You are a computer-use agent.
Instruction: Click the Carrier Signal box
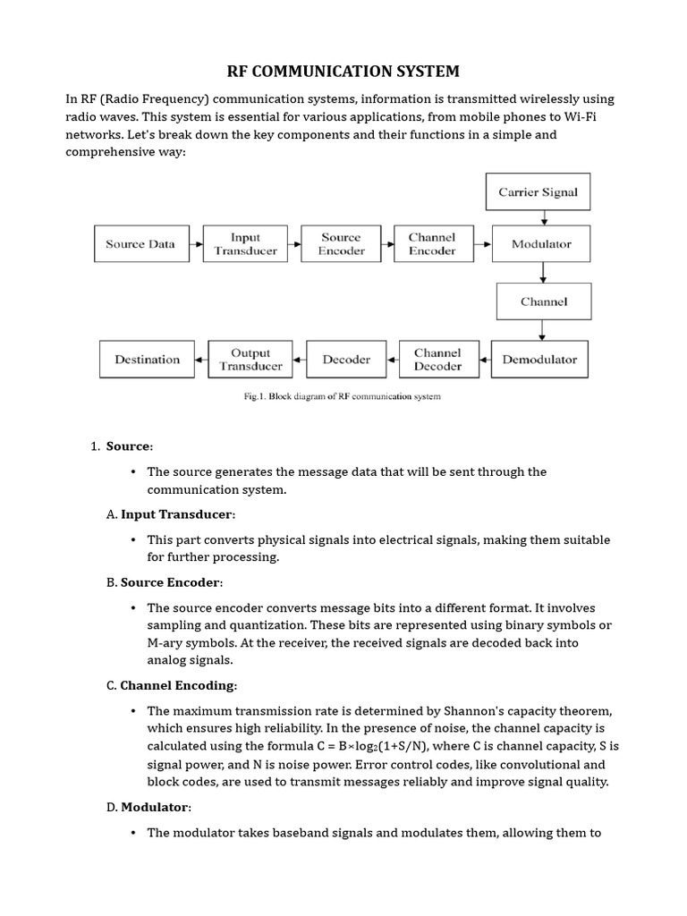pyautogui.click(x=538, y=192)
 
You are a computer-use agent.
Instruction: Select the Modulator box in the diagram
pyautogui.click(x=541, y=244)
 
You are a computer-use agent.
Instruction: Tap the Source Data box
pyautogui.click(x=140, y=244)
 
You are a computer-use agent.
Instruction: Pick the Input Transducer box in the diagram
pyautogui.click(x=245, y=244)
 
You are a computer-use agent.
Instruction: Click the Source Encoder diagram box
pyautogui.click(x=341, y=244)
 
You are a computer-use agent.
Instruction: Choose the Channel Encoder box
pyautogui.click(x=432, y=244)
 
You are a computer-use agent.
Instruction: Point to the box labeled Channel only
pyautogui.click(x=544, y=301)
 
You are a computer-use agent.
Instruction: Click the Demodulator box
pyautogui.click(x=539, y=360)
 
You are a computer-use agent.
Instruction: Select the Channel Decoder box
pyautogui.click(x=437, y=360)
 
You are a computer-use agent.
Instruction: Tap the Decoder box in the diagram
pyautogui.click(x=346, y=360)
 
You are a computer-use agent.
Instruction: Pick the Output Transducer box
pyautogui.click(x=250, y=360)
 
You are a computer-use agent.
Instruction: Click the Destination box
pyautogui.click(x=147, y=360)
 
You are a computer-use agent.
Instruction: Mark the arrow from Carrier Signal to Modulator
pyautogui.click(x=543, y=217)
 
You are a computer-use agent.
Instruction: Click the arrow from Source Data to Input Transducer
pyautogui.click(x=197, y=244)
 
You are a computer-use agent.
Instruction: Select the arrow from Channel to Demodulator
pyautogui.click(x=543, y=330)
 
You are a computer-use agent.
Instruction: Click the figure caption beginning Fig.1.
pyautogui.click(x=343, y=396)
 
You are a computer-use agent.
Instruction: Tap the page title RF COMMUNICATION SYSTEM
pyautogui.click(x=343, y=72)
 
